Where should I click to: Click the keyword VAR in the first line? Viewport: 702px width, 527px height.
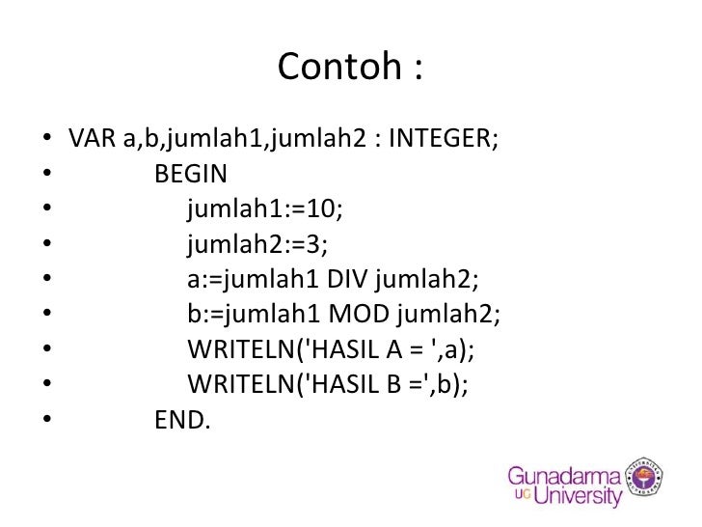click(93, 139)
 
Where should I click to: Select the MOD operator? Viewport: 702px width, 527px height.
click(358, 315)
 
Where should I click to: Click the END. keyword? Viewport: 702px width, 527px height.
click(182, 420)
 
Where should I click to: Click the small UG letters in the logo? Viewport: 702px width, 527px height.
click(519, 496)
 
